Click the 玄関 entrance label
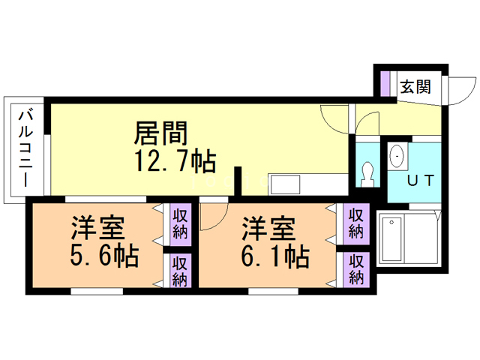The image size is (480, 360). click(x=414, y=86)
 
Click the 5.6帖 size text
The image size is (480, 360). click(x=104, y=256)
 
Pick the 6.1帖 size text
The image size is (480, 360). click(x=275, y=256)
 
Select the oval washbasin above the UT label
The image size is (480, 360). click(x=397, y=157)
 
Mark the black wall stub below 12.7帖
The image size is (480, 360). click(x=238, y=181)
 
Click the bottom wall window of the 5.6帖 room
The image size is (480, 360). click(x=101, y=289)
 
